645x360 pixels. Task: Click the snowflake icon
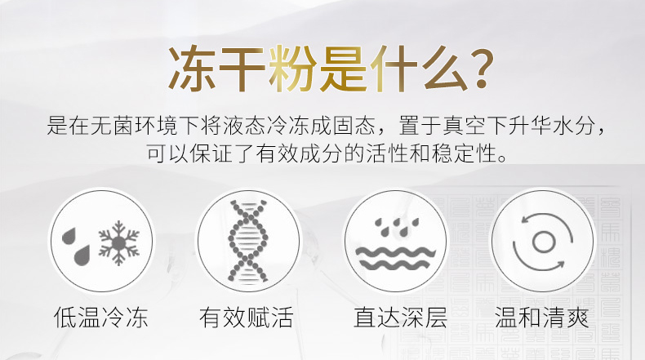click(118, 242)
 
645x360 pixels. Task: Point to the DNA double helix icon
click(248, 242)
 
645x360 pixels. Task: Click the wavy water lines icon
click(395, 258)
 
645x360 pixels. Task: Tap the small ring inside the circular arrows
click(544, 241)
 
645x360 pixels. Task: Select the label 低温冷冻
click(100, 317)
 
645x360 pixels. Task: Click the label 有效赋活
click(247, 317)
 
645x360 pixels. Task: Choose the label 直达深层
click(400, 317)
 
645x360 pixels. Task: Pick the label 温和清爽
click(542, 317)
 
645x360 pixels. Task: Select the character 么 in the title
click(444, 69)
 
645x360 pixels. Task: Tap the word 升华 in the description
click(529, 126)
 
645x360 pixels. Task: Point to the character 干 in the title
click(242, 69)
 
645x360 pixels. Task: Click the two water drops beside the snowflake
click(76, 246)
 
